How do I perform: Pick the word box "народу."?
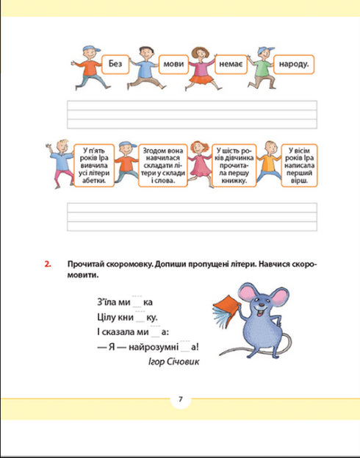point(292,65)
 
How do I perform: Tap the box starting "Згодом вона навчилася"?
point(159,165)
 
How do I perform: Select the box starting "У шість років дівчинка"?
point(234,165)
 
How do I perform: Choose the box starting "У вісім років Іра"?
point(300,165)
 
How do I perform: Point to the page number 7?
point(179,400)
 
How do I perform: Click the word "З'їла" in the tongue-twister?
point(108,302)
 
